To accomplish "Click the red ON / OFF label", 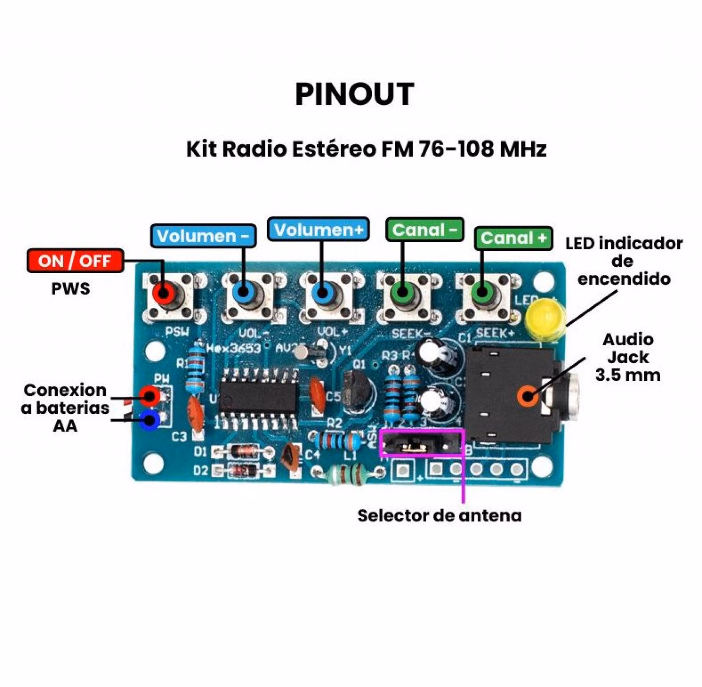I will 75,261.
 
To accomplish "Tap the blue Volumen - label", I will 203,236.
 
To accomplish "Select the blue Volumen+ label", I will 318,230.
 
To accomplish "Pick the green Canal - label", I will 424,230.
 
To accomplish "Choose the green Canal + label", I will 513,238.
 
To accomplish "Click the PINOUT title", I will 354,94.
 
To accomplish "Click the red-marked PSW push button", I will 163,293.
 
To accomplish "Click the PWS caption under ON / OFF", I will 71,289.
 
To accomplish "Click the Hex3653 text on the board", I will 234,348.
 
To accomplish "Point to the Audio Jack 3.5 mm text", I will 628,357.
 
